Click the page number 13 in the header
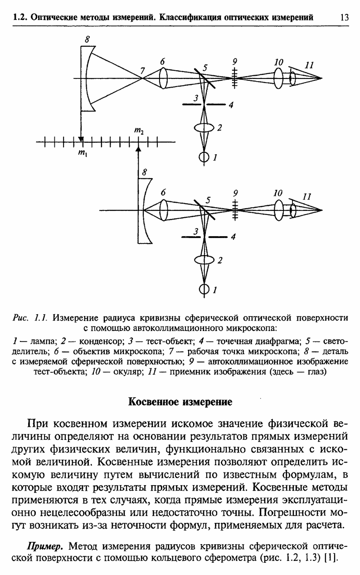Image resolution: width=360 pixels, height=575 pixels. pyautogui.click(x=343, y=18)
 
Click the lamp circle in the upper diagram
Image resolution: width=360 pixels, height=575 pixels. pyautogui.click(x=205, y=157)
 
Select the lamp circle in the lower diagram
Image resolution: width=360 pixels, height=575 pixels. pyautogui.click(x=205, y=289)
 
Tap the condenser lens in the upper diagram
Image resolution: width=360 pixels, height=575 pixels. pyautogui.click(x=205, y=128)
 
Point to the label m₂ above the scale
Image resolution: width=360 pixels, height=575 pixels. pyautogui.click(x=139, y=131)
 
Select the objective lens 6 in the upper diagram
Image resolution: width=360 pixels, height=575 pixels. pyautogui.click(x=164, y=78)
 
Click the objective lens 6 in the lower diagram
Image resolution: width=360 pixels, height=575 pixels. pyautogui.click(x=164, y=210)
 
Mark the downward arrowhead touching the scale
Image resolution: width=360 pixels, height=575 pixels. pyautogui.click(x=80, y=139)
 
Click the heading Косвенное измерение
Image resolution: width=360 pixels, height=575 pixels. pyautogui.click(x=180, y=402)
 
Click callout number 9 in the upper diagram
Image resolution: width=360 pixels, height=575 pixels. pyautogui.click(x=234, y=61)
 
